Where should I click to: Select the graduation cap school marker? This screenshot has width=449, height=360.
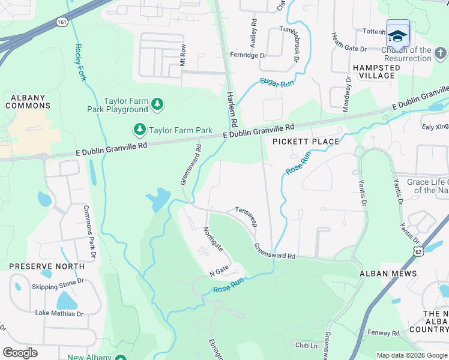tap(397, 35)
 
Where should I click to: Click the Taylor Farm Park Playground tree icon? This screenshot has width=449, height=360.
tap(157, 105)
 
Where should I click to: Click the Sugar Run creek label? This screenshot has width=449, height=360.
tap(277, 82)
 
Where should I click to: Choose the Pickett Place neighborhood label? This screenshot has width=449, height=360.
tap(306, 142)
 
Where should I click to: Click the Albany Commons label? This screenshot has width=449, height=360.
tap(28, 101)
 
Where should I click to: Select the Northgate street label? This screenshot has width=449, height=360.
tap(213, 239)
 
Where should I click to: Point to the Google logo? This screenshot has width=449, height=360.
tap(20, 352)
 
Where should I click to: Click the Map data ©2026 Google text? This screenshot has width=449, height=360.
tap(411, 355)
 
